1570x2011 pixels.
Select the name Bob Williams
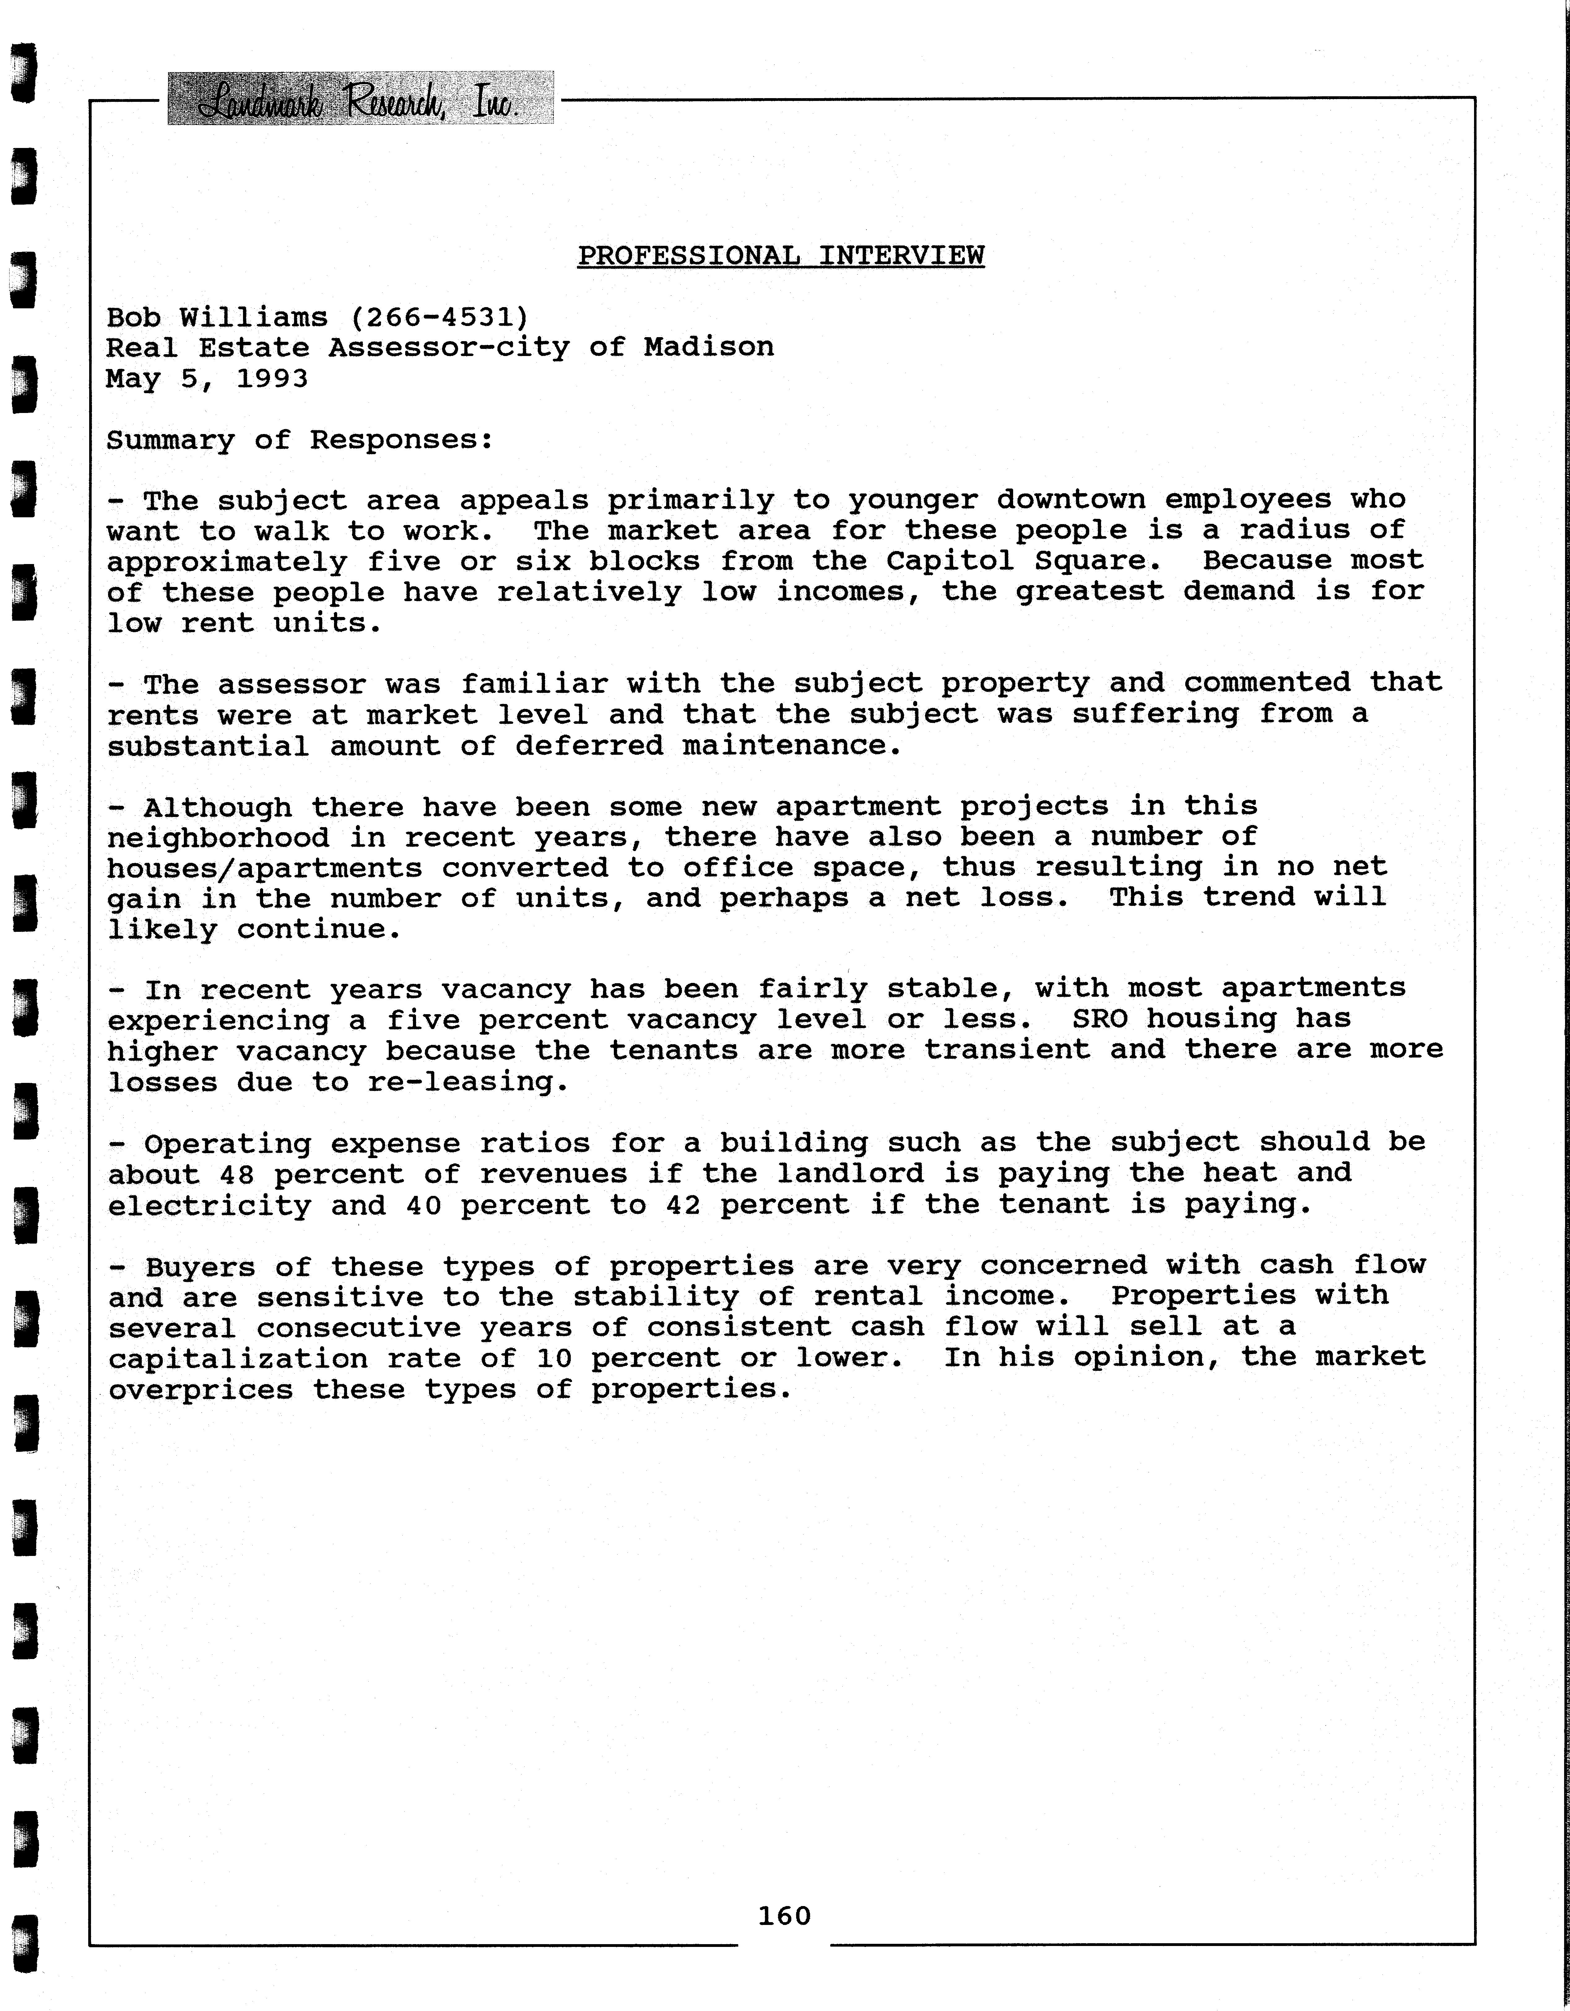pyautogui.click(x=216, y=318)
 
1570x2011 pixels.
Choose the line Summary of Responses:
pyautogui.click(x=299, y=440)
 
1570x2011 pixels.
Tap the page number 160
pyautogui.click(x=784, y=1916)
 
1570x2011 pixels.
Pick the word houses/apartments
pyautogui.click(x=264, y=868)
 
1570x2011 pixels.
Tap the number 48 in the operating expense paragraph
pyautogui.click(x=237, y=1174)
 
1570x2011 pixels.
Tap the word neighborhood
pyautogui.click(x=217, y=838)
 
